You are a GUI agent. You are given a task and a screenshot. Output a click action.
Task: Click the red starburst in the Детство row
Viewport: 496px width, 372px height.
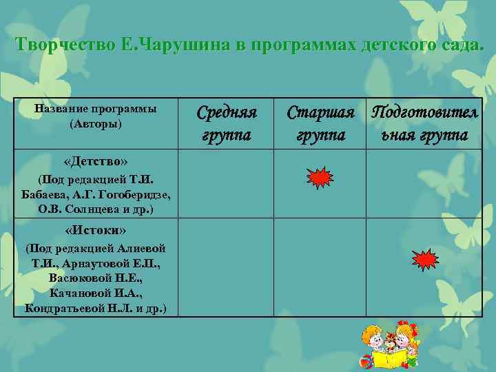click(320, 178)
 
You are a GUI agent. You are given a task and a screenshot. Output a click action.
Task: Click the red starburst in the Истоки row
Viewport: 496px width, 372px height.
click(424, 259)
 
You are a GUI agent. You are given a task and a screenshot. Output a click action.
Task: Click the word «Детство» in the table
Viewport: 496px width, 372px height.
click(95, 161)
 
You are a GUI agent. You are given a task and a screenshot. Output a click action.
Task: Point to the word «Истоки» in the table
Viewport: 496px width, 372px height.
click(95, 229)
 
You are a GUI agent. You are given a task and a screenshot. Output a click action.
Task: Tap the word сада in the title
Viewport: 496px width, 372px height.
click(459, 45)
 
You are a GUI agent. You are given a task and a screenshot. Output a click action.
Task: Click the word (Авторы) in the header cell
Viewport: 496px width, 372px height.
click(95, 124)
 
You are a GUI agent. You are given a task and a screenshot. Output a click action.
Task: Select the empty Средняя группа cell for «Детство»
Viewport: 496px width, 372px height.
click(227, 183)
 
